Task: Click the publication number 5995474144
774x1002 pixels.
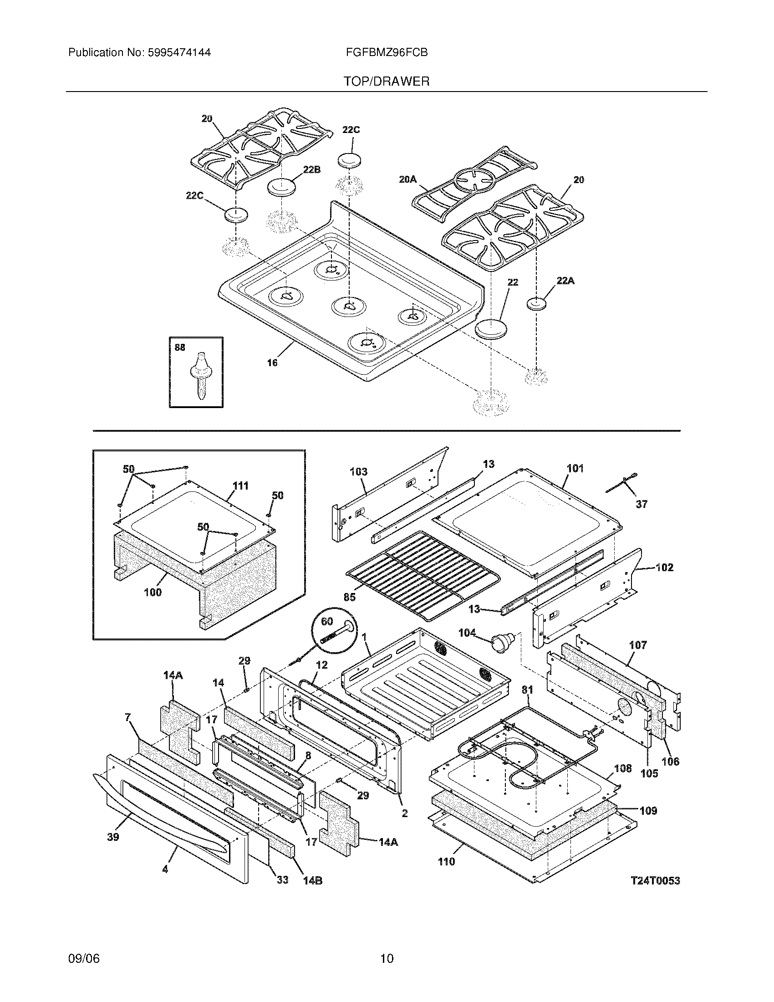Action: coord(179,53)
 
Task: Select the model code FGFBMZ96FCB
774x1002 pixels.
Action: coord(387,53)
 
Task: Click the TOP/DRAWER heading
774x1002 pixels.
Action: coord(387,82)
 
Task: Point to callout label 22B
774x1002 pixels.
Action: coord(311,170)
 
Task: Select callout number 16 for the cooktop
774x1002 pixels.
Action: coord(272,363)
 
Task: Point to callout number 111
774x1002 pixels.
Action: coord(240,486)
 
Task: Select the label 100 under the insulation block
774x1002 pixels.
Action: coord(153,592)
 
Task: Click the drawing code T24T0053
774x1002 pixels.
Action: coord(655,880)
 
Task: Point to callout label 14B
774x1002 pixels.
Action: coord(312,881)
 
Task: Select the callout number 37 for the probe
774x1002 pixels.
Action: coord(642,504)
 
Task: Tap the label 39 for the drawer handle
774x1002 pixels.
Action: coord(113,836)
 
